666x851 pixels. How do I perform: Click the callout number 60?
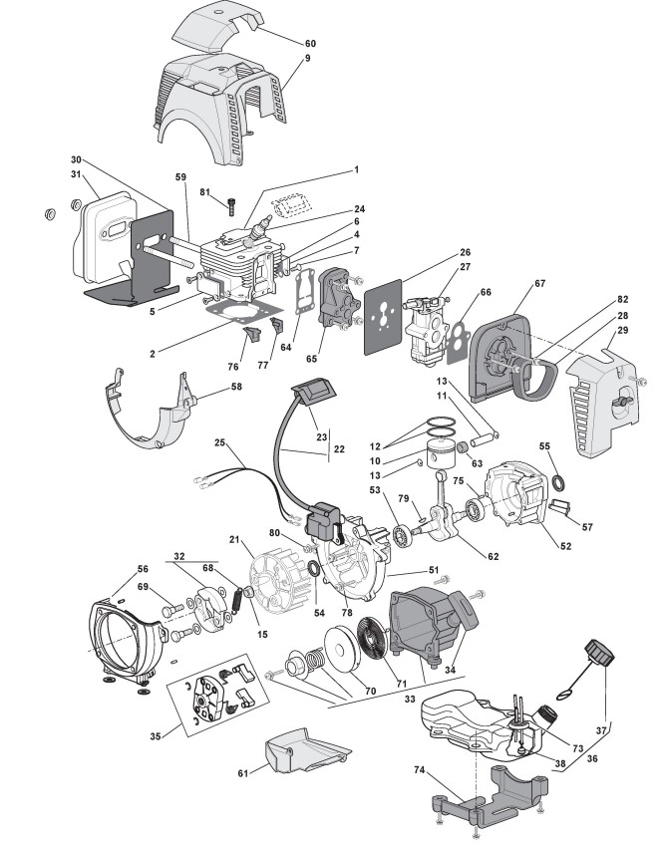(x=310, y=45)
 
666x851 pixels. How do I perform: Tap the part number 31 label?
(x=76, y=176)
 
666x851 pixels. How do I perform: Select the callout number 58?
(x=235, y=386)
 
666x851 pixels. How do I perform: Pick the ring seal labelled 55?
(x=562, y=484)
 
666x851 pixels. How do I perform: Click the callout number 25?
(x=219, y=441)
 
